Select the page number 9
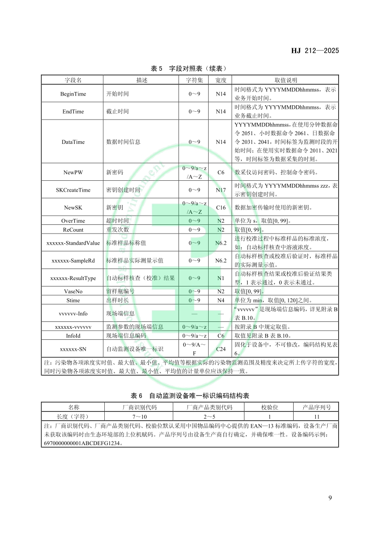pyautogui.click(x=330, y=498)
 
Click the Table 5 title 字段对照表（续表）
pyautogui.click(x=190, y=69)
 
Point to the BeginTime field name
pyautogui.click(x=73, y=94)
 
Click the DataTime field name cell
pyautogui.click(x=73, y=142)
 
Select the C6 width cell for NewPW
pyautogui.click(x=221, y=172)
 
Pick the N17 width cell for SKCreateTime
pyautogui.click(x=221, y=190)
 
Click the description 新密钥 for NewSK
pyautogui.click(x=114, y=207)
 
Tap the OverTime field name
pyautogui.click(x=73, y=221)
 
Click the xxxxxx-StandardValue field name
pyautogui.click(x=73, y=243)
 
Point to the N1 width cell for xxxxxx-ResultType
pyautogui.click(x=221, y=278)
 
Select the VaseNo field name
pyautogui.click(x=73, y=292)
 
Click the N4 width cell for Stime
pyautogui.click(x=221, y=300)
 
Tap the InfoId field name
pyautogui.click(x=73, y=336)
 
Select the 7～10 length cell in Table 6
pyautogui.click(x=139, y=416)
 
